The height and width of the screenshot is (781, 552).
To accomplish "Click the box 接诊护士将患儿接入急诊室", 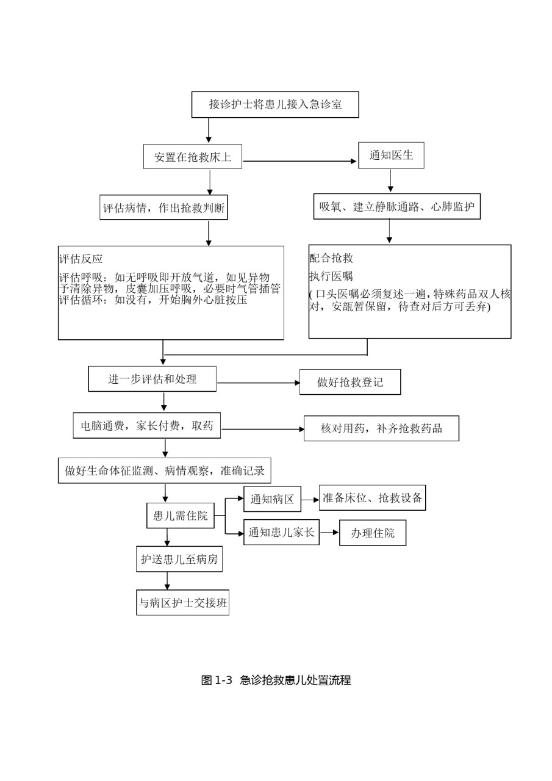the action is [275, 104].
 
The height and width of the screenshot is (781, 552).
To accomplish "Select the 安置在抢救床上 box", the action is [193, 157].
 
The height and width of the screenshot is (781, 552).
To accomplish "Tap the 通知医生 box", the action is [392, 156].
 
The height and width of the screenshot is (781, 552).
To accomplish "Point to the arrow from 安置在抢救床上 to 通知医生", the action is [299, 161].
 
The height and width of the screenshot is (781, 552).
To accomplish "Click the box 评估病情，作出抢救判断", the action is [164, 207].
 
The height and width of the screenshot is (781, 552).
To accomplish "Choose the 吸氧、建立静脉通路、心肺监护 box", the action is [397, 206].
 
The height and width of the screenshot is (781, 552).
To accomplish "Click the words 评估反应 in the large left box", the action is [81, 259].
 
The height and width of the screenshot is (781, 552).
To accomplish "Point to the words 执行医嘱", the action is [331, 276].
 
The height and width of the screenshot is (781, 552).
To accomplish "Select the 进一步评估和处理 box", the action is [152, 379].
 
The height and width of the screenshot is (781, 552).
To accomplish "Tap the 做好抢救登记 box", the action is [350, 382].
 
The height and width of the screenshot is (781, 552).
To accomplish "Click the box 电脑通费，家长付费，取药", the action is [147, 425].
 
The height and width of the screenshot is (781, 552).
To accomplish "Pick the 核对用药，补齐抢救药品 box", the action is [382, 428].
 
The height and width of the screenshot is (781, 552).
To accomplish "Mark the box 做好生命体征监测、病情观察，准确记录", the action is [165, 470].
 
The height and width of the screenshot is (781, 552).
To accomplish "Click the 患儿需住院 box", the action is [181, 516].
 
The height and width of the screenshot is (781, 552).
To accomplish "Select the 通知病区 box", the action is [272, 499].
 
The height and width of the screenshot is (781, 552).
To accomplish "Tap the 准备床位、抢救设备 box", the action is [373, 497].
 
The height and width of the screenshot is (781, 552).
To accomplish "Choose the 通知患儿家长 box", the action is [282, 532].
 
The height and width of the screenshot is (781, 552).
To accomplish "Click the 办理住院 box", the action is [373, 533].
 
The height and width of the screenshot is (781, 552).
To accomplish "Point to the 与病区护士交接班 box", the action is [183, 602].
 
